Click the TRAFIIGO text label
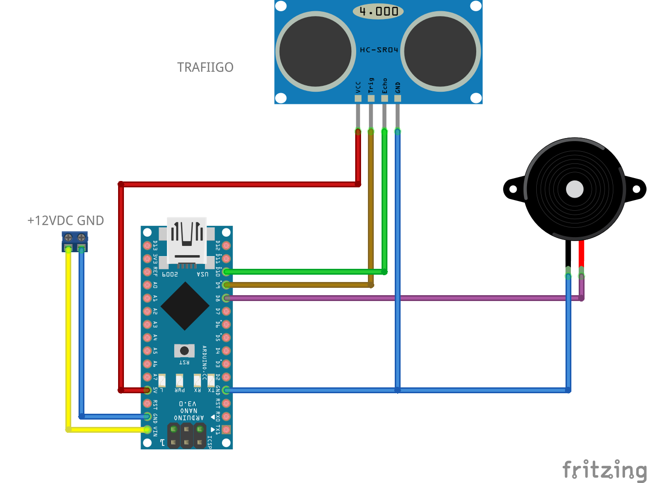(x=205, y=67)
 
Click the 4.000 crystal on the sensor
(x=378, y=11)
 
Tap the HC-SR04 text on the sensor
(x=379, y=50)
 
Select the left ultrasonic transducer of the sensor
(x=316, y=51)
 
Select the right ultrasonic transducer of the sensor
(x=440, y=51)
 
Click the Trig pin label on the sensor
(x=371, y=85)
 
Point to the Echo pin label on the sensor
(x=384, y=85)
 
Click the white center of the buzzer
(x=574, y=189)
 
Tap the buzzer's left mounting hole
(x=513, y=189)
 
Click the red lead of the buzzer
(x=581, y=254)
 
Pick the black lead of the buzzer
(x=568, y=254)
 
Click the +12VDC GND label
(x=65, y=221)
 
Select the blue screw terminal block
(x=75, y=241)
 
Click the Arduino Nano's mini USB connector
(x=186, y=241)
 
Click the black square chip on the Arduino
(x=185, y=306)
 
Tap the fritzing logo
(x=604, y=470)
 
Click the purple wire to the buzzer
(x=400, y=298)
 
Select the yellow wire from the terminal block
(x=68, y=342)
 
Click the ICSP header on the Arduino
(x=186, y=436)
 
